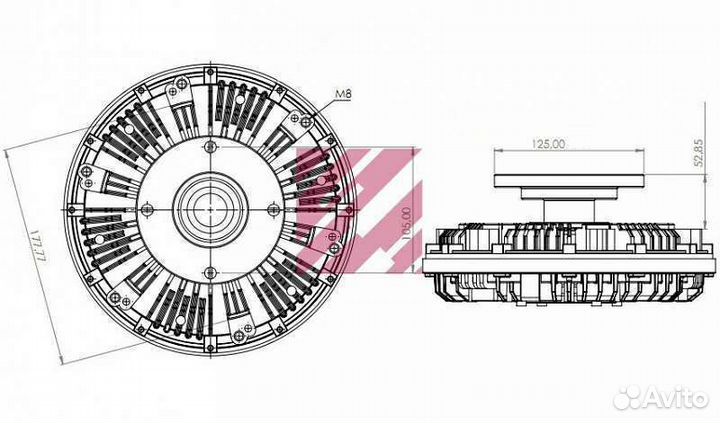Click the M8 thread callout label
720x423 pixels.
[343, 95]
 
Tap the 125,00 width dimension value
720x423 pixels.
[548, 144]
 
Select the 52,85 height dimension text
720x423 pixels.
[699, 154]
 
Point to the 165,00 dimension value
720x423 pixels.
[405, 225]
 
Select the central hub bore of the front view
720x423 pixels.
[210, 209]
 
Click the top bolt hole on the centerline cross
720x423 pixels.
[210, 147]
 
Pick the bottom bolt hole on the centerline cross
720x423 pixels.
[210, 271]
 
